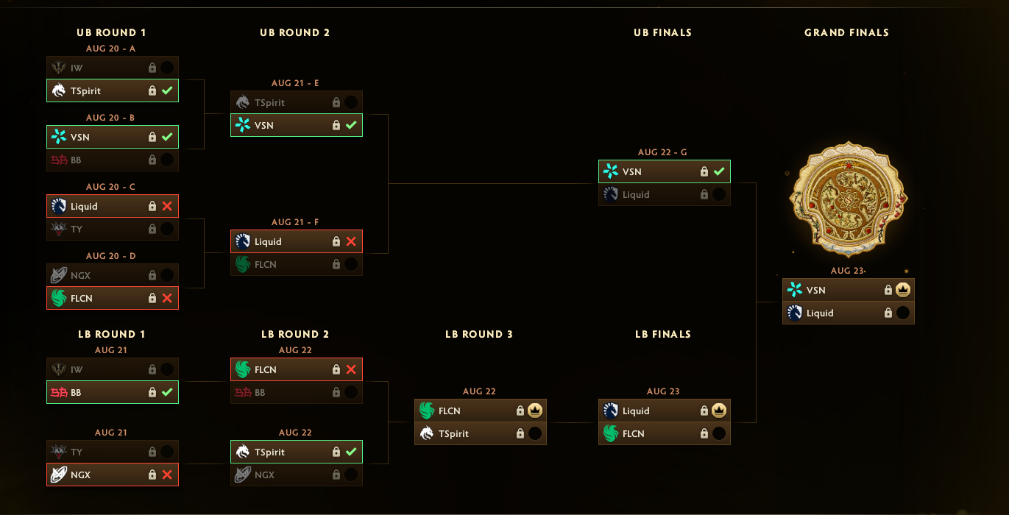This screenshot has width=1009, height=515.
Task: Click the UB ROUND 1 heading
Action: [x=111, y=32]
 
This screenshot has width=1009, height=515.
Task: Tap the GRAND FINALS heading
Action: [x=846, y=32]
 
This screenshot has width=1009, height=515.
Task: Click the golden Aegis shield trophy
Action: [x=848, y=199]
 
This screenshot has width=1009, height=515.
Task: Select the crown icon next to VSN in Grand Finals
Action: [x=903, y=290]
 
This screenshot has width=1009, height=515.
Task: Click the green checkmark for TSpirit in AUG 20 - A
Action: [x=167, y=90]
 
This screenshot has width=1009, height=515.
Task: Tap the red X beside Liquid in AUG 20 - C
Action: [x=167, y=206]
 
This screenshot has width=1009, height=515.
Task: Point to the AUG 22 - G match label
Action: [x=662, y=152]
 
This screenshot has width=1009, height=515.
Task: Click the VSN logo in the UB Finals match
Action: [x=611, y=171]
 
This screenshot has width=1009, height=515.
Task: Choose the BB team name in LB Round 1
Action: [x=76, y=393]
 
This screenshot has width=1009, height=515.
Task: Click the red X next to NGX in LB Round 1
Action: [x=167, y=475]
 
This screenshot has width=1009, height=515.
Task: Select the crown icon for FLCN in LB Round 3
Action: [x=535, y=411]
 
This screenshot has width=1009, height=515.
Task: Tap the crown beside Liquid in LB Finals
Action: [x=719, y=411]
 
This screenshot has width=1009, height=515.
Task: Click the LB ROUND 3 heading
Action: [x=479, y=334]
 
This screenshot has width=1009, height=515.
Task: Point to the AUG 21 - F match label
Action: [x=295, y=222]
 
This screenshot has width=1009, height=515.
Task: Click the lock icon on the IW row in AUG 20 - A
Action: [x=152, y=68]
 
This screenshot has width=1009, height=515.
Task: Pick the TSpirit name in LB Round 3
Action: [x=453, y=433]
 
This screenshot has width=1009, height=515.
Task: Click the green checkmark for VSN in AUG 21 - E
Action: [x=351, y=125]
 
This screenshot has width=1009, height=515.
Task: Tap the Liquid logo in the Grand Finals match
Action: [x=795, y=313]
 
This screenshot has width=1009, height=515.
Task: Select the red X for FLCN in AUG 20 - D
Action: [x=167, y=298]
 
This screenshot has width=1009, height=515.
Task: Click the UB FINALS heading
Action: [x=662, y=32]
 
